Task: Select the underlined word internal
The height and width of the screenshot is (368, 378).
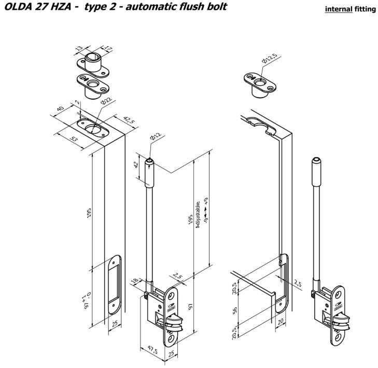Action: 338,10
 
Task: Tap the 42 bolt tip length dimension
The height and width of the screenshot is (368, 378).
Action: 136,166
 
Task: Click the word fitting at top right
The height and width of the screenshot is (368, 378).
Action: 366,10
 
